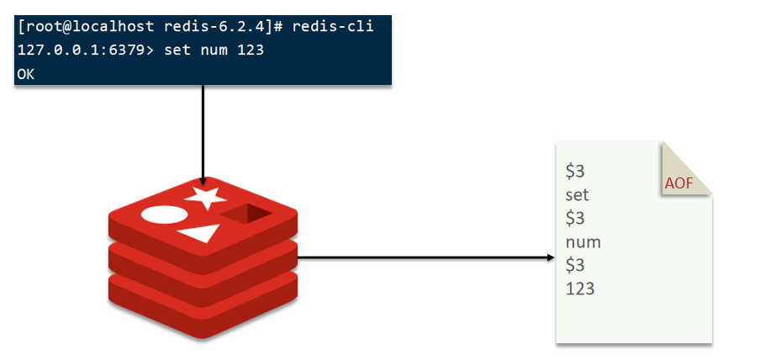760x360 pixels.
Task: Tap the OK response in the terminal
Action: (x=25, y=74)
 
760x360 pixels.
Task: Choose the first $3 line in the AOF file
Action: (x=576, y=172)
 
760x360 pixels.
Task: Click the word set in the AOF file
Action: (x=578, y=195)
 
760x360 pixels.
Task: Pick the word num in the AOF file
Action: (x=583, y=242)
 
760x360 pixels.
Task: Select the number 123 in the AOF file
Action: (x=580, y=289)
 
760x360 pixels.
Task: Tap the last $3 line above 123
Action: (x=576, y=265)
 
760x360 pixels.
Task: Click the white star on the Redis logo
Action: (x=206, y=199)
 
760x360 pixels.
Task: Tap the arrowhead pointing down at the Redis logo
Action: (x=203, y=179)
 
